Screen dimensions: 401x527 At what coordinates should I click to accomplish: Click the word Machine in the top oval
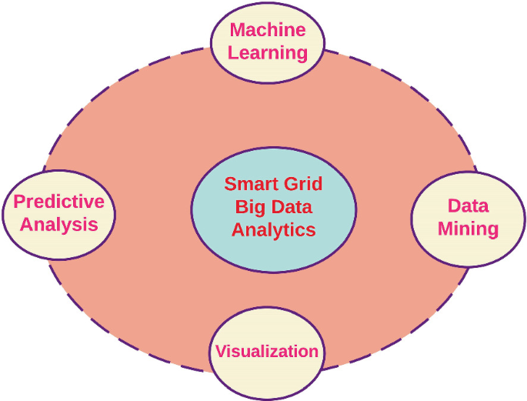pos(268,32)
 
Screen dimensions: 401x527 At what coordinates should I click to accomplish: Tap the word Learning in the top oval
pos(268,53)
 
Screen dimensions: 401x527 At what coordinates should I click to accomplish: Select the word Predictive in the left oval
pos(59,202)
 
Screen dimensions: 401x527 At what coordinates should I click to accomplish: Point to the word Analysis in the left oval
pos(59,225)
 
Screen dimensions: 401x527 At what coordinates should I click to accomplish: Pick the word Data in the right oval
pos(469,206)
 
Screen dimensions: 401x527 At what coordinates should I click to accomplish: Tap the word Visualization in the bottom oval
pos(267,352)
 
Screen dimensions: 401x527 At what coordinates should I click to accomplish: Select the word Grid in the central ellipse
pos(305,185)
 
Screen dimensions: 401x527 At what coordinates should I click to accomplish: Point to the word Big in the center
pos(249,207)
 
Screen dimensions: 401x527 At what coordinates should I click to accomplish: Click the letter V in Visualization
pos(221,352)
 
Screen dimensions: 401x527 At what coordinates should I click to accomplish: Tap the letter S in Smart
pos(229,185)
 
